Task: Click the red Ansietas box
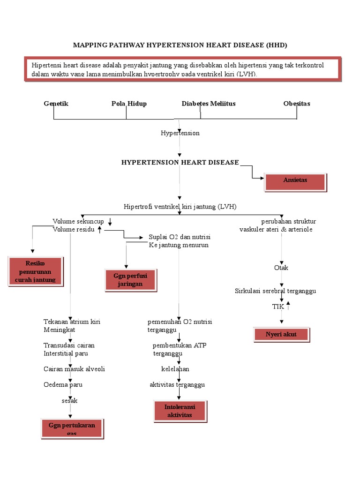point(295,182)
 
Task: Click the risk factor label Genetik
point(56,104)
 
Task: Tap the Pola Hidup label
point(129,104)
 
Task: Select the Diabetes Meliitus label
point(209,104)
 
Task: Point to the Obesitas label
point(296,104)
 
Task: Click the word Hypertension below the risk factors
point(180,133)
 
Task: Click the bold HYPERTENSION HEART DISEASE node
point(180,162)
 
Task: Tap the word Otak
point(281,268)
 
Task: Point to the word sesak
point(70,400)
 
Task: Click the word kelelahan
point(175,369)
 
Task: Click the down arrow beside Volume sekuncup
point(110,221)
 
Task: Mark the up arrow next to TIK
point(288,306)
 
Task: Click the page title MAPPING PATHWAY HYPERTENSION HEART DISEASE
point(180,45)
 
